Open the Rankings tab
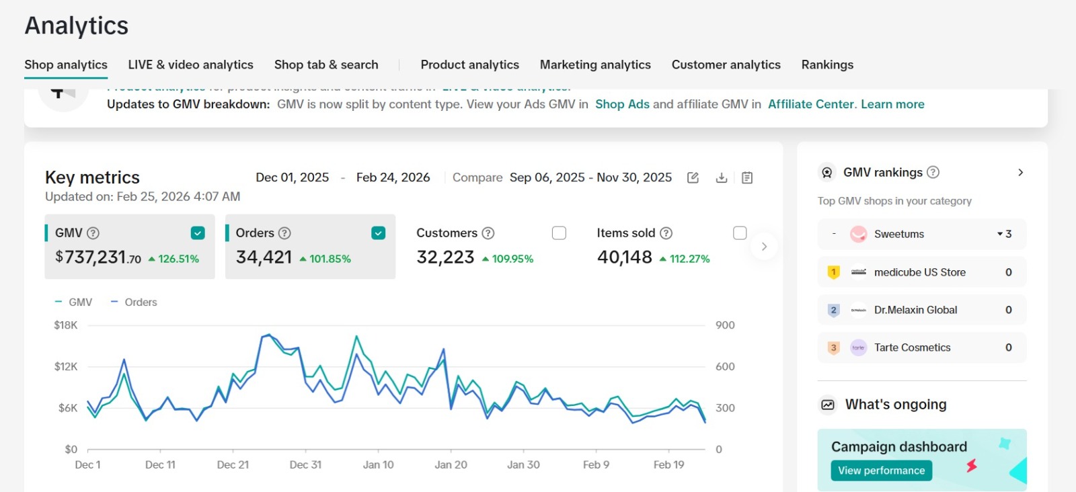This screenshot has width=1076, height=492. coord(827,65)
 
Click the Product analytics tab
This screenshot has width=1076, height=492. coord(469,65)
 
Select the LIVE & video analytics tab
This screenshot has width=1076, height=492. coord(190,65)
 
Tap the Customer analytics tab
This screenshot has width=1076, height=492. coord(726,65)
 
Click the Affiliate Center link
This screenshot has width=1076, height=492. coord(811,104)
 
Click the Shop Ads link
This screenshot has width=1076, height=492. coord(622,104)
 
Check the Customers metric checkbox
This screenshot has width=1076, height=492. coord(559,233)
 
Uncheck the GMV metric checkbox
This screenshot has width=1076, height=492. coord(198,233)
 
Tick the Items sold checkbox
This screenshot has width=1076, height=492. coord(740,233)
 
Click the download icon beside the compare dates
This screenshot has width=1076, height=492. coord(722,177)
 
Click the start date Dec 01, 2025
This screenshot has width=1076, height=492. coord(292,177)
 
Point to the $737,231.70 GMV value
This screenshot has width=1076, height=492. coord(98,257)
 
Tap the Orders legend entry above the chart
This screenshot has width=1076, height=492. coord(134,302)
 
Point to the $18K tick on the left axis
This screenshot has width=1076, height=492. coord(66,325)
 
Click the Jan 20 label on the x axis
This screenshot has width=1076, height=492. coord(451,464)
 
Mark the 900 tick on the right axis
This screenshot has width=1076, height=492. coord(725,325)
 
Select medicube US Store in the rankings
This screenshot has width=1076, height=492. coord(919,272)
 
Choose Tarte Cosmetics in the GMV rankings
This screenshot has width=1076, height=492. coord(912,347)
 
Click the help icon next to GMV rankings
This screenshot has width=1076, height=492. coord(933,172)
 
